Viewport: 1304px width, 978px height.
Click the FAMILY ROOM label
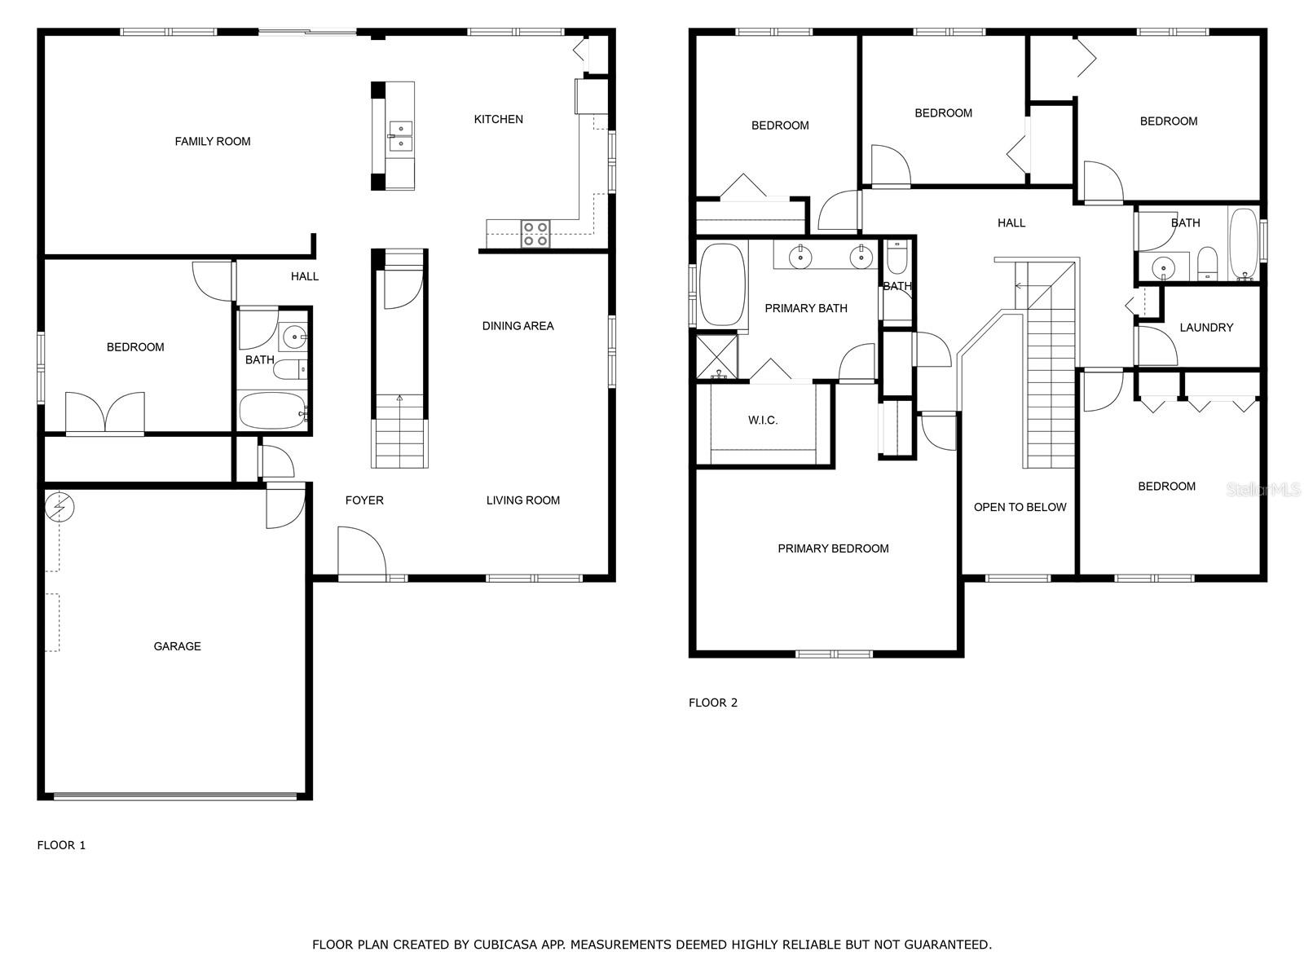click(x=212, y=141)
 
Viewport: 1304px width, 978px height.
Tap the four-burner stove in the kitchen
click(x=535, y=233)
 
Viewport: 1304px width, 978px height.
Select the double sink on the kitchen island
click(x=400, y=135)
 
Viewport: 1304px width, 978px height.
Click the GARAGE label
click(x=177, y=646)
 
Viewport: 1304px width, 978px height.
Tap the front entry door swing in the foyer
click(x=361, y=553)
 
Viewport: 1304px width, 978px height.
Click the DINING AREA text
click(x=518, y=326)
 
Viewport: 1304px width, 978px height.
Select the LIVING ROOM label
click(x=522, y=500)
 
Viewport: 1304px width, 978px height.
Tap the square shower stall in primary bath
click(x=716, y=356)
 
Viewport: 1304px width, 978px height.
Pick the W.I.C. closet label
click(x=763, y=421)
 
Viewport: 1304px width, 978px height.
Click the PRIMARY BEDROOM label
click(x=833, y=548)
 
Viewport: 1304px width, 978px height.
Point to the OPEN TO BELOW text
click(x=1020, y=507)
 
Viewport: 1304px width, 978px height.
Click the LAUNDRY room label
click(x=1206, y=328)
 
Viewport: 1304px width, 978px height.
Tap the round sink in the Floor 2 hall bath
click(x=1161, y=267)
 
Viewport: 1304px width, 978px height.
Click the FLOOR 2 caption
click(x=712, y=703)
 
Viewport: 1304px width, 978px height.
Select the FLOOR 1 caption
click(x=61, y=845)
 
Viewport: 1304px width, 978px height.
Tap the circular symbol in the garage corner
click(x=59, y=507)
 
